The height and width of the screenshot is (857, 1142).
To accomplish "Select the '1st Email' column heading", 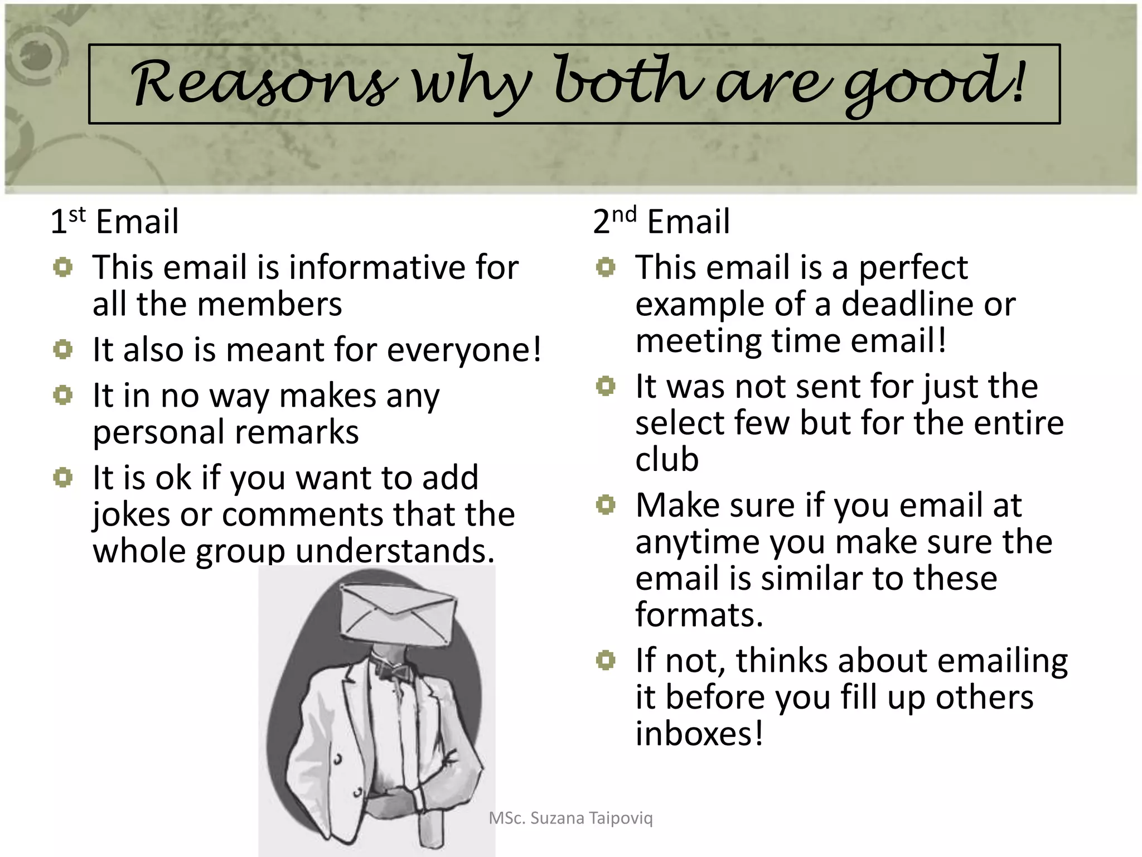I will pos(114,221).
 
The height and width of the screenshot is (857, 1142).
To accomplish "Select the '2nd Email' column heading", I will pos(661,221).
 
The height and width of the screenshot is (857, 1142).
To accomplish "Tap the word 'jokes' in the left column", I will pos(132,514).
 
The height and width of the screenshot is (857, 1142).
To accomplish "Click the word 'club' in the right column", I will pos(667,459).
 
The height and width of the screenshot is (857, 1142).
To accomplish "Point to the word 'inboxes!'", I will pos(699,733).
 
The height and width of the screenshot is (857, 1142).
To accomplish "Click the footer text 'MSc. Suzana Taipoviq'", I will pos(570,819).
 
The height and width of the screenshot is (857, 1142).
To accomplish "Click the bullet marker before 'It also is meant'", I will pos(63,350).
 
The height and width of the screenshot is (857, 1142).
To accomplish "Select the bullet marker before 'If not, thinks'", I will pos(606,661).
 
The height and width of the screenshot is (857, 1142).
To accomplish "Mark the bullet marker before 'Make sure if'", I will pos(606,505).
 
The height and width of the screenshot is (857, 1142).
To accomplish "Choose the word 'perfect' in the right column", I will pos(913,268).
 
